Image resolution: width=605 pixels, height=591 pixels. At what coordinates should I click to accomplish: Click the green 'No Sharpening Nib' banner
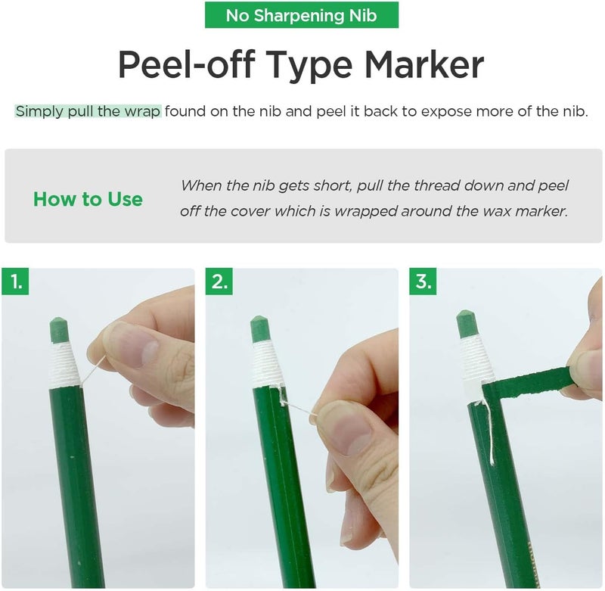(x=301, y=15)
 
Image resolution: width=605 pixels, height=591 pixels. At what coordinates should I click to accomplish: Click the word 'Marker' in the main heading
(x=424, y=64)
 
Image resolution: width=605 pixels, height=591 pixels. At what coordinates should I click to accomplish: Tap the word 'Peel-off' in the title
(x=187, y=64)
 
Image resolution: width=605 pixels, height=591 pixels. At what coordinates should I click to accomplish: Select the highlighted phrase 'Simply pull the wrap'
(x=88, y=111)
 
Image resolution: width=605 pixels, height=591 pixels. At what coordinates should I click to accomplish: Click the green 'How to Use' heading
(x=88, y=199)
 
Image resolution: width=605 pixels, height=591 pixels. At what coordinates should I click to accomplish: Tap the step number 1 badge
(x=15, y=282)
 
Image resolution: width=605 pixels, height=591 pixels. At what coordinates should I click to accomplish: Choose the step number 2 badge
(x=219, y=282)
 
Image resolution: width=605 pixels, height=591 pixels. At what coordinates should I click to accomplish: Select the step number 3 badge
(x=423, y=282)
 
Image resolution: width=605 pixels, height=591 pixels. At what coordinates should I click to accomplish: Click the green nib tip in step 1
(x=60, y=330)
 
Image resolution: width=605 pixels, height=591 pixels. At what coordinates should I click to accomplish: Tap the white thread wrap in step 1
(x=64, y=364)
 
